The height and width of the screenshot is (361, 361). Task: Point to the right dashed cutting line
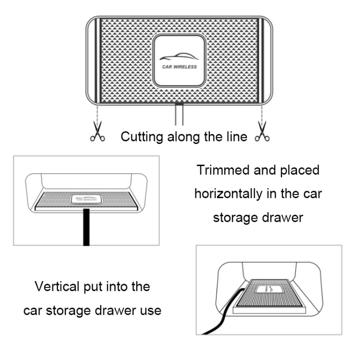[x=262, y=116]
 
